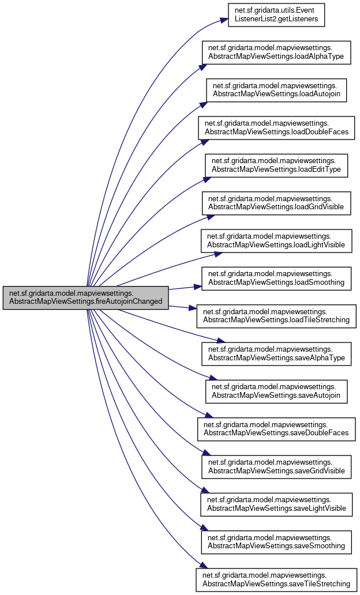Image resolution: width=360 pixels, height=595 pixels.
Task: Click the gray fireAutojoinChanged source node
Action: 85,297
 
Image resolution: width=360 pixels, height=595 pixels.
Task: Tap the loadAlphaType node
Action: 275,52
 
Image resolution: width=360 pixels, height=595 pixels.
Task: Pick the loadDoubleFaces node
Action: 275,127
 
